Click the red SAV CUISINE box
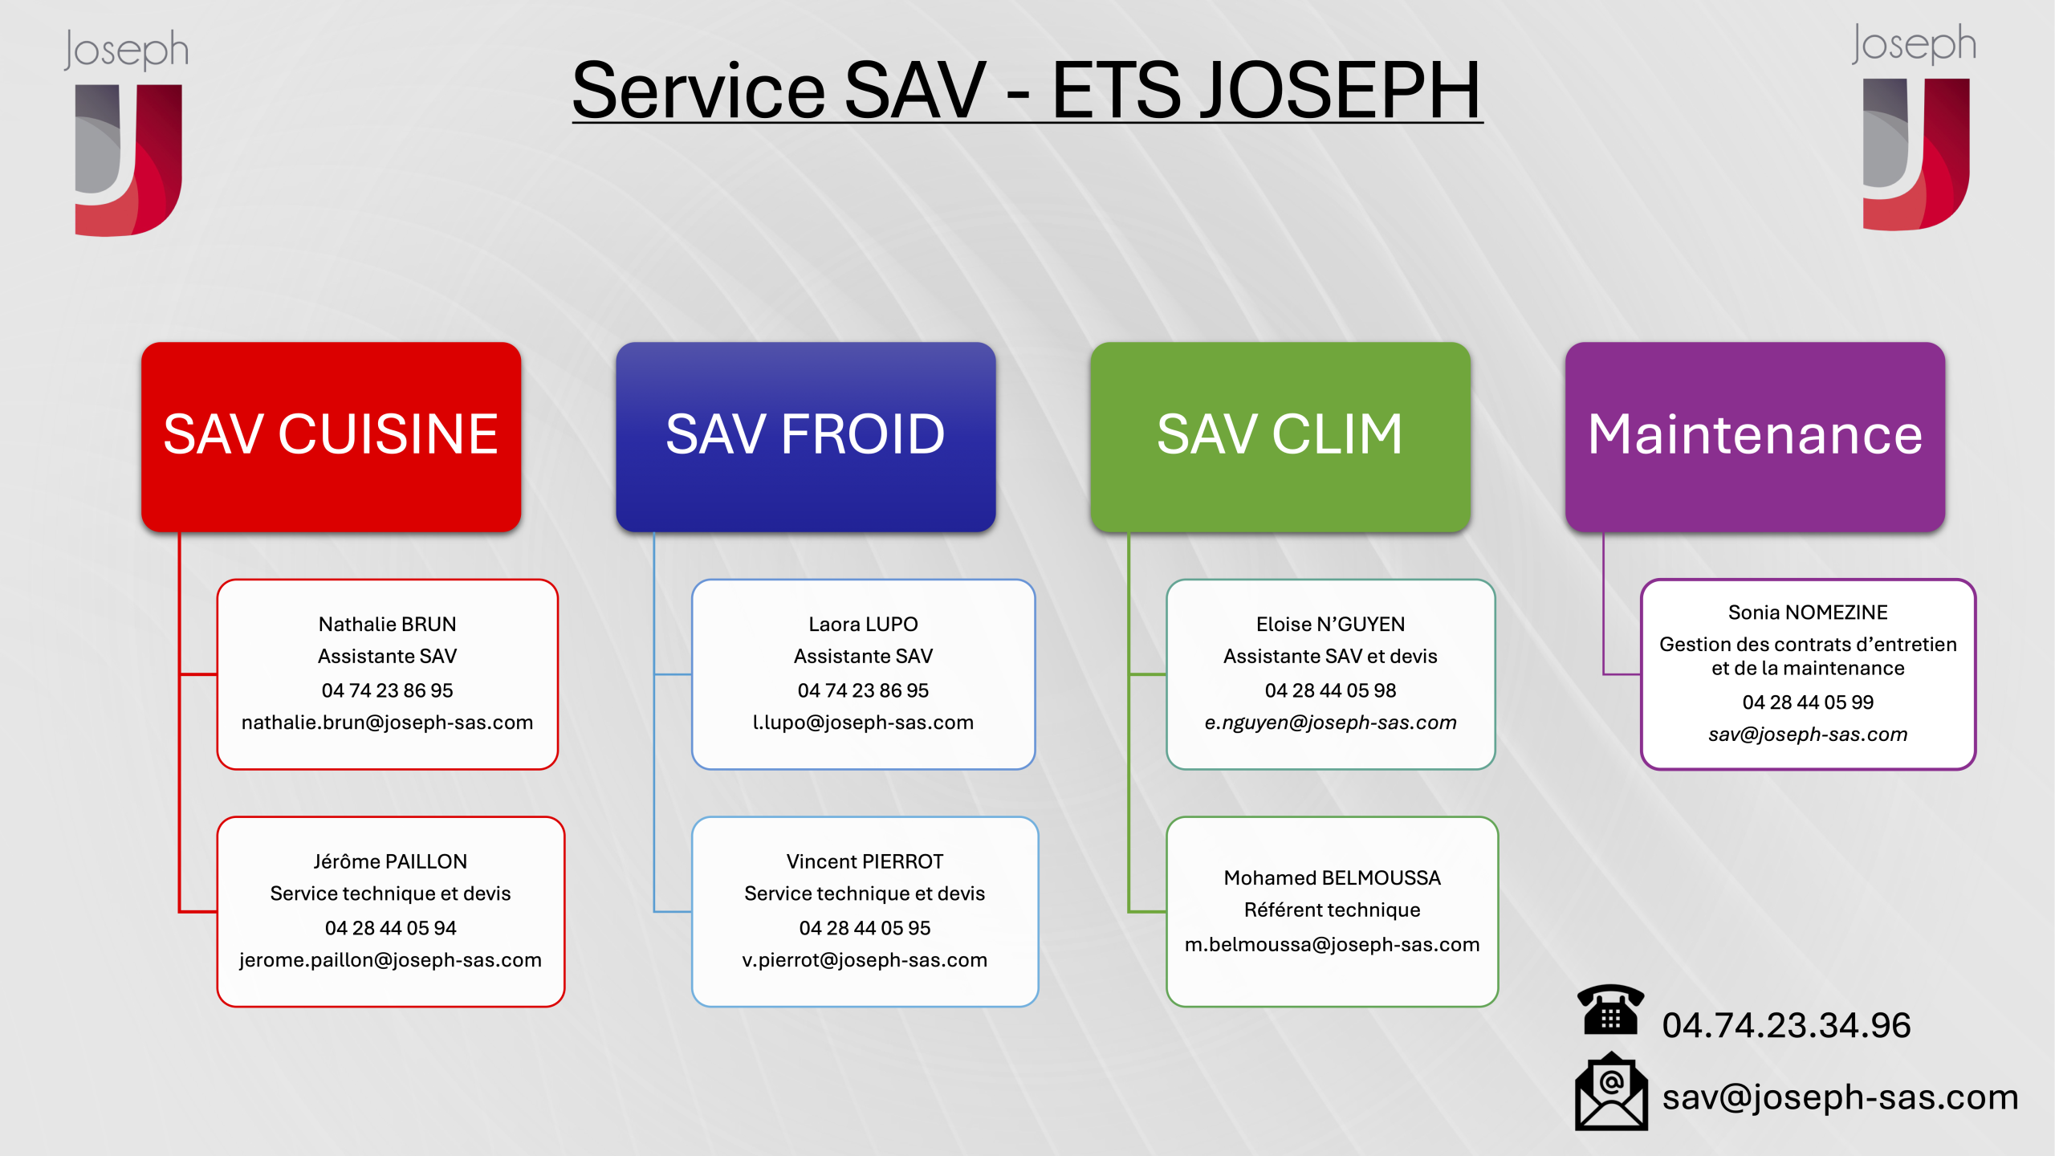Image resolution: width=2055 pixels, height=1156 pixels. (x=331, y=437)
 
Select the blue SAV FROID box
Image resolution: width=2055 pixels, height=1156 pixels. (x=805, y=437)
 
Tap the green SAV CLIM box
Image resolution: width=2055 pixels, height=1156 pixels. (x=1280, y=437)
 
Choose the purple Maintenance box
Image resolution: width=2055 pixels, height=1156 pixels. (x=1755, y=437)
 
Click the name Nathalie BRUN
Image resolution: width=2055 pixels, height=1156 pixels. (x=387, y=624)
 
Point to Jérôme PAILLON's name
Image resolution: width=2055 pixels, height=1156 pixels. (x=390, y=861)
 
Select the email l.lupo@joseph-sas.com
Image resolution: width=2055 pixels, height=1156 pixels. (x=863, y=722)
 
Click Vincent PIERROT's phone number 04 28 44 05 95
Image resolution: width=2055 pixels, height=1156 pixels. (x=865, y=928)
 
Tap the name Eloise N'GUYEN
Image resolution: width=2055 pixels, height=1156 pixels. (x=1330, y=624)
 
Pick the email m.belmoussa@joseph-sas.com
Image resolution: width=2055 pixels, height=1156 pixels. (x=1332, y=945)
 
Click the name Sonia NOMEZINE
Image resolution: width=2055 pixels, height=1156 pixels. (x=1808, y=613)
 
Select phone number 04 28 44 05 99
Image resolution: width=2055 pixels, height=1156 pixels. (x=1808, y=702)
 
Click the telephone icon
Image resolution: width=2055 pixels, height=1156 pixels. (x=1610, y=1009)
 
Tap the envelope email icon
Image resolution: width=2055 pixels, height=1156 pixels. (x=1611, y=1092)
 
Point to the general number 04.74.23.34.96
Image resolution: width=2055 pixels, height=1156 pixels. (x=1786, y=1025)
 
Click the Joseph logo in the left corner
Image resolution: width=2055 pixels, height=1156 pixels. (x=127, y=132)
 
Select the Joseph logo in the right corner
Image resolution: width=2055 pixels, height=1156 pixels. (x=1915, y=127)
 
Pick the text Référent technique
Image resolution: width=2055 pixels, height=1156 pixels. (x=1332, y=910)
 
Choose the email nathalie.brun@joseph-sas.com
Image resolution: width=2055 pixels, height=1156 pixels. (x=387, y=722)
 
